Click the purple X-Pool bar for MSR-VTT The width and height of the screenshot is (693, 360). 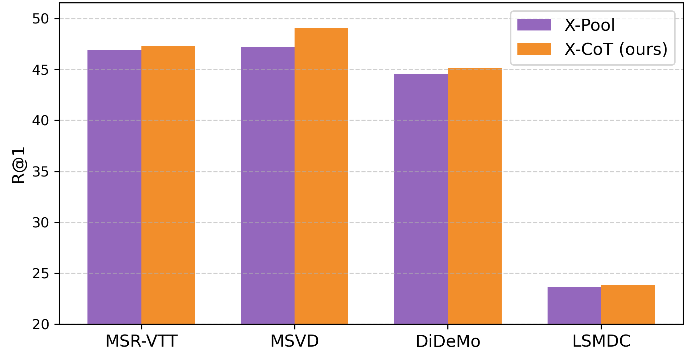[x=114, y=187]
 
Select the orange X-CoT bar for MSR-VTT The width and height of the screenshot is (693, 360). [x=168, y=185]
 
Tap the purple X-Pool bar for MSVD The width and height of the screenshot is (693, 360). [x=268, y=186]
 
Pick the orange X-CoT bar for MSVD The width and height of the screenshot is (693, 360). [x=321, y=176]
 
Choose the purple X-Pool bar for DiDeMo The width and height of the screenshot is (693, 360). [x=421, y=199]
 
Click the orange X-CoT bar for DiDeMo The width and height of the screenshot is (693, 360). [x=475, y=196]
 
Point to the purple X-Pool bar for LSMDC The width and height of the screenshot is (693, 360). [x=574, y=306]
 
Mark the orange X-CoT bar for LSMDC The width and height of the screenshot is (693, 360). [x=628, y=305]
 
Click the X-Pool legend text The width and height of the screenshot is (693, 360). [x=589, y=25]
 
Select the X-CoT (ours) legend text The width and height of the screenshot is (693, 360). [x=616, y=49]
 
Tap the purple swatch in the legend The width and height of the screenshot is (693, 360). [x=534, y=25]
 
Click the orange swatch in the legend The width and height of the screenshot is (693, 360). [x=534, y=49]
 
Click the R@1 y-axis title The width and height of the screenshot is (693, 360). [x=18, y=165]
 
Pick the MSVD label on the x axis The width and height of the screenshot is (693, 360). [x=295, y=341]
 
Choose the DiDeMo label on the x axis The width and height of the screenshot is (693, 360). [x=448, y=341]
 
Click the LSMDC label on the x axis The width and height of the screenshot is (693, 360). [x=601, y=341]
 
